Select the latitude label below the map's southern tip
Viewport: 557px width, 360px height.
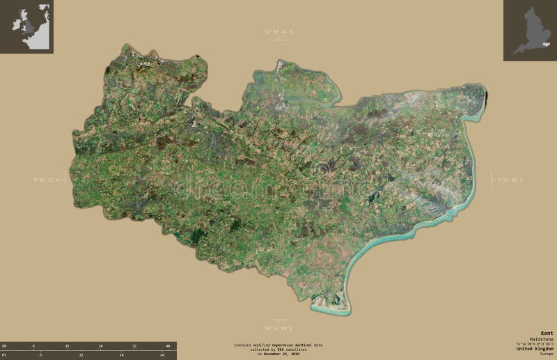pos(279,327)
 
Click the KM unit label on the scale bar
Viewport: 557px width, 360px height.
pos(4,345)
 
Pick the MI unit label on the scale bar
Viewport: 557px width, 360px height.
pos(4,354)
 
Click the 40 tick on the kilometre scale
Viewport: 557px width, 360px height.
pos(168,345)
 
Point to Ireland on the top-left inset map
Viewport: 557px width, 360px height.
pos(16,21)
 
